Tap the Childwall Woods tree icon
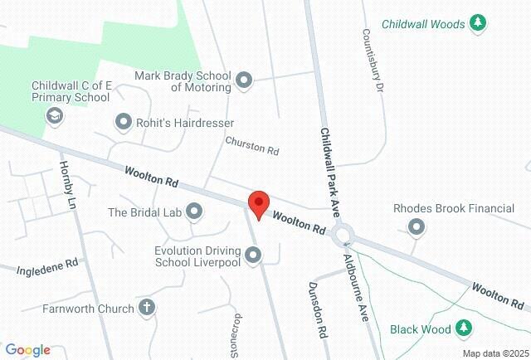pyautogui.click(x=478, y=24)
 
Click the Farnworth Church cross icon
pyautogui.click(x=147, y=309)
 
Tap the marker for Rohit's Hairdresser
pyautogui.click(x=124, y=123)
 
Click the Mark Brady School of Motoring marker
pyautogui.click(x=244, y=80)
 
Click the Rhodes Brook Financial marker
pyautogui.click(x=417, y=226)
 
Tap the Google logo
pyautogui.click(x=27, y=350)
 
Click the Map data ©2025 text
pyautogui.click(x=494, y=353)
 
